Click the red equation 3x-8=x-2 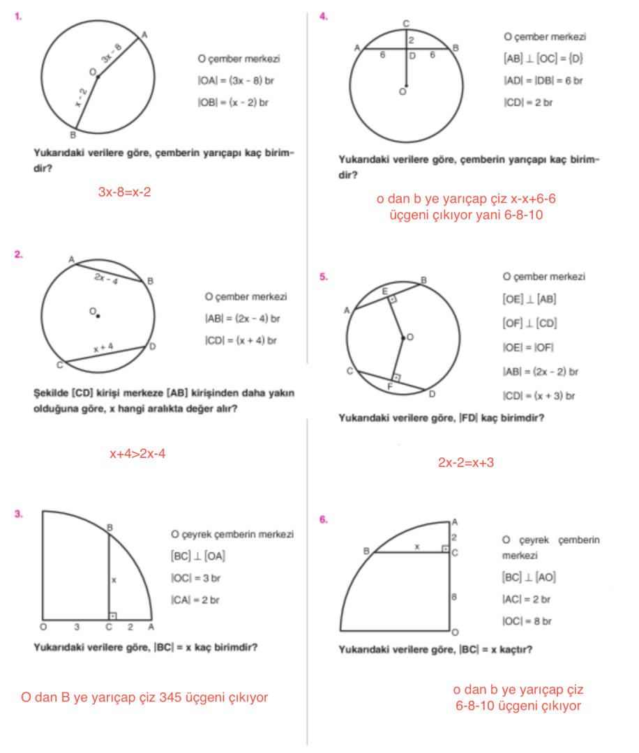coord(124,191)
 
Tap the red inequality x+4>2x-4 coord(137,454)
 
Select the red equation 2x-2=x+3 coord(466,462)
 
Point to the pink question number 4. coord(323,16)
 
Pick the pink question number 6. coord(323,519)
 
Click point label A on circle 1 coord(144,34)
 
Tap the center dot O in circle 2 coord(98,317)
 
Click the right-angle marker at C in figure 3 coord(113,616)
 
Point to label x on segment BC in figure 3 coord(114,579)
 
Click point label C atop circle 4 coord(406,24)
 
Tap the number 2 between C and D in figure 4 coord(412,40)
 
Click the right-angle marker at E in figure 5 coord(392,298)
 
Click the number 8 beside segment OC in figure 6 coord(454,597)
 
